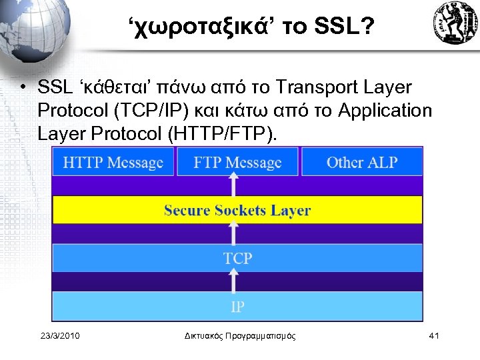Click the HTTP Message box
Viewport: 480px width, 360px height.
point(113,162)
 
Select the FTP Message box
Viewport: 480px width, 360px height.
point(237,162)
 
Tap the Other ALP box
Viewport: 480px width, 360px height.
point(362,162)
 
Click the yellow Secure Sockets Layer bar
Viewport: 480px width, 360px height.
point(237,211)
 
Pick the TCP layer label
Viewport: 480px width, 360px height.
point(237,258)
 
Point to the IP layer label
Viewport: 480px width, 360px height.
point(237,307)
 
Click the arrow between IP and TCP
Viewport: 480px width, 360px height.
point(233,283)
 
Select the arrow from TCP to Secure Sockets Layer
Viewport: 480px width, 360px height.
point(233,233)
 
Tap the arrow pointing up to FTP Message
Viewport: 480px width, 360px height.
point(233,185)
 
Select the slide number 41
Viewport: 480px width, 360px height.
point(433,335)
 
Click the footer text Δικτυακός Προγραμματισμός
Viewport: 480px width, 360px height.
point(239,335)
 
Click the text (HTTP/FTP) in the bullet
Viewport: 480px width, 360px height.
point(223,134)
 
